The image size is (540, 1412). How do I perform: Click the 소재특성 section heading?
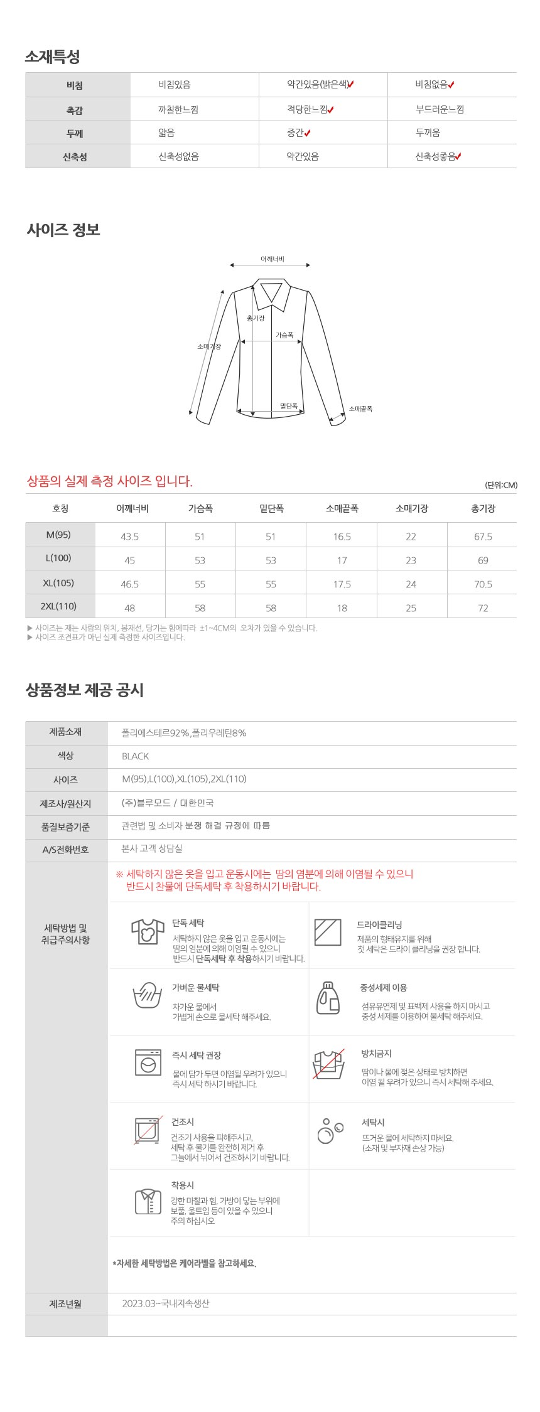coord(53,57)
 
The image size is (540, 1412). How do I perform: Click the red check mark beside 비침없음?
coord(451,85)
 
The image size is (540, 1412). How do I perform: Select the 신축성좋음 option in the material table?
coord(435,156)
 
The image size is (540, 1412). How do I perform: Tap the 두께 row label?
coord(75,133)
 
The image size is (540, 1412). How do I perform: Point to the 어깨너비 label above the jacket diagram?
coord(273,259)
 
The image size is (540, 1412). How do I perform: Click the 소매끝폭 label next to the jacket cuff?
coord(360,409)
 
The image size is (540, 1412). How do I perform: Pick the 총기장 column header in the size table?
coord(483,508)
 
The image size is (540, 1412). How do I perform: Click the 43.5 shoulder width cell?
coord(130,537)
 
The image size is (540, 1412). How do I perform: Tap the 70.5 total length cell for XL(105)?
coord(483,584)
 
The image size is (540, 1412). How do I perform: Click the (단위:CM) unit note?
coord(501,485)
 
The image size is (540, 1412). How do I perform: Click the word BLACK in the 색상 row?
coord(136,756)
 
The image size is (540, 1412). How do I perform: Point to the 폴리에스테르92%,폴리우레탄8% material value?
coord(184,733)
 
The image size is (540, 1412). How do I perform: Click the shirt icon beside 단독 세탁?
coord(148,931)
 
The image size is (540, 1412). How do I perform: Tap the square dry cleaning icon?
coord(328,932)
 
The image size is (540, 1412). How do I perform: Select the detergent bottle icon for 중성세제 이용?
coord(328,998)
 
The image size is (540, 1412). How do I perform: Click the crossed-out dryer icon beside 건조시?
coord(148,1130)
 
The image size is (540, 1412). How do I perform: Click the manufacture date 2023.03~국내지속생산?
coord(166,1303)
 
